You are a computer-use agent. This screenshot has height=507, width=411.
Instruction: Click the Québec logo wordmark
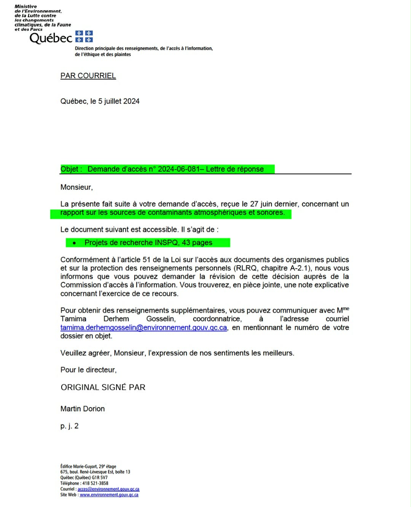[x=51, y=38]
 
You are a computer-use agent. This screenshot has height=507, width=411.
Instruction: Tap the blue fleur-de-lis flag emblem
[x=84, y=37]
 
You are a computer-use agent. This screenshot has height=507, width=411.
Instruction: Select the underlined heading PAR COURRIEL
[x=88, y=76]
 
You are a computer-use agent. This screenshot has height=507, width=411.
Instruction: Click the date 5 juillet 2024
[x=119, y=101]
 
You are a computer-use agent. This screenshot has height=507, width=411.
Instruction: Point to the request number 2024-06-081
[x=178, y=169]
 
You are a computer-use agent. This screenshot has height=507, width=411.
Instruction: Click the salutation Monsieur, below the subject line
[x=76, y=187]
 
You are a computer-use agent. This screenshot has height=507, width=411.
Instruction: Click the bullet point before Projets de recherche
[x=74, y=243]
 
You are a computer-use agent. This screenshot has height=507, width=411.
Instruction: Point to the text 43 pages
[x=197, y=243]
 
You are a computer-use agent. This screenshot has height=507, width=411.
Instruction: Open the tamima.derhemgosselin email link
[x=143, y=328]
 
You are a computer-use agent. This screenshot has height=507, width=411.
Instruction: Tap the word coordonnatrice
[x=217, y=319]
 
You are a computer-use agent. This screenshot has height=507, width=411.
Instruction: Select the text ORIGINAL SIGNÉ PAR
[x=103, y=387]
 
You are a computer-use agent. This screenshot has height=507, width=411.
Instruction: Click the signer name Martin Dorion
[x=83, y=409]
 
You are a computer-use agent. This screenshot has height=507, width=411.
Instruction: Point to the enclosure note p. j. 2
[x=69, y=426]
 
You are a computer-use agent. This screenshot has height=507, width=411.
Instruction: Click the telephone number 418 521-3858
[x=95, y=483]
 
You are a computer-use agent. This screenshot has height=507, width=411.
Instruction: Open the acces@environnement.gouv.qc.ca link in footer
[x=108, y=489]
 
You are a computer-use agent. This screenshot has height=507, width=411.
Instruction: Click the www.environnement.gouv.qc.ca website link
[x=109, y=495]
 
